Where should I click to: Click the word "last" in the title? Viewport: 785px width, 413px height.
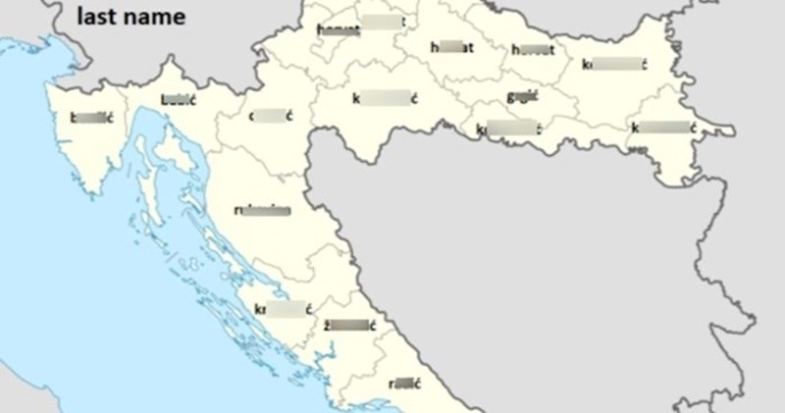96,17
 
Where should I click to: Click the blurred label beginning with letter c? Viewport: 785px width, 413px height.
272,116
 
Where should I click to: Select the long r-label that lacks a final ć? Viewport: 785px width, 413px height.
262,210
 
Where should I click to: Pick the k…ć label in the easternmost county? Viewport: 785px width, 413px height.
663,127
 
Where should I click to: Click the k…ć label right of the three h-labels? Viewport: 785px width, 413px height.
614,65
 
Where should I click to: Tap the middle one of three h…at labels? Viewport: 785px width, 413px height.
452,46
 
